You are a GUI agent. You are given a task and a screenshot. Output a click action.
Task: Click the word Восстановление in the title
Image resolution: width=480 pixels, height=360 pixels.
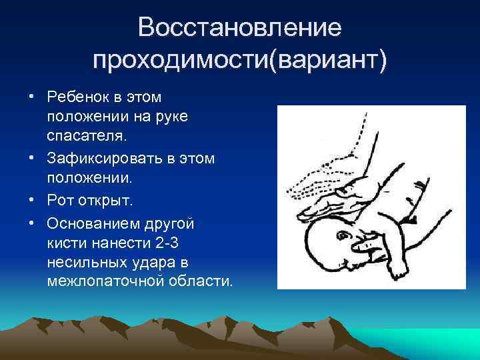(239, 28)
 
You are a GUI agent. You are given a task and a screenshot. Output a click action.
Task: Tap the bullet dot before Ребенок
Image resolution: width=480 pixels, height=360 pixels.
(32, 98)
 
